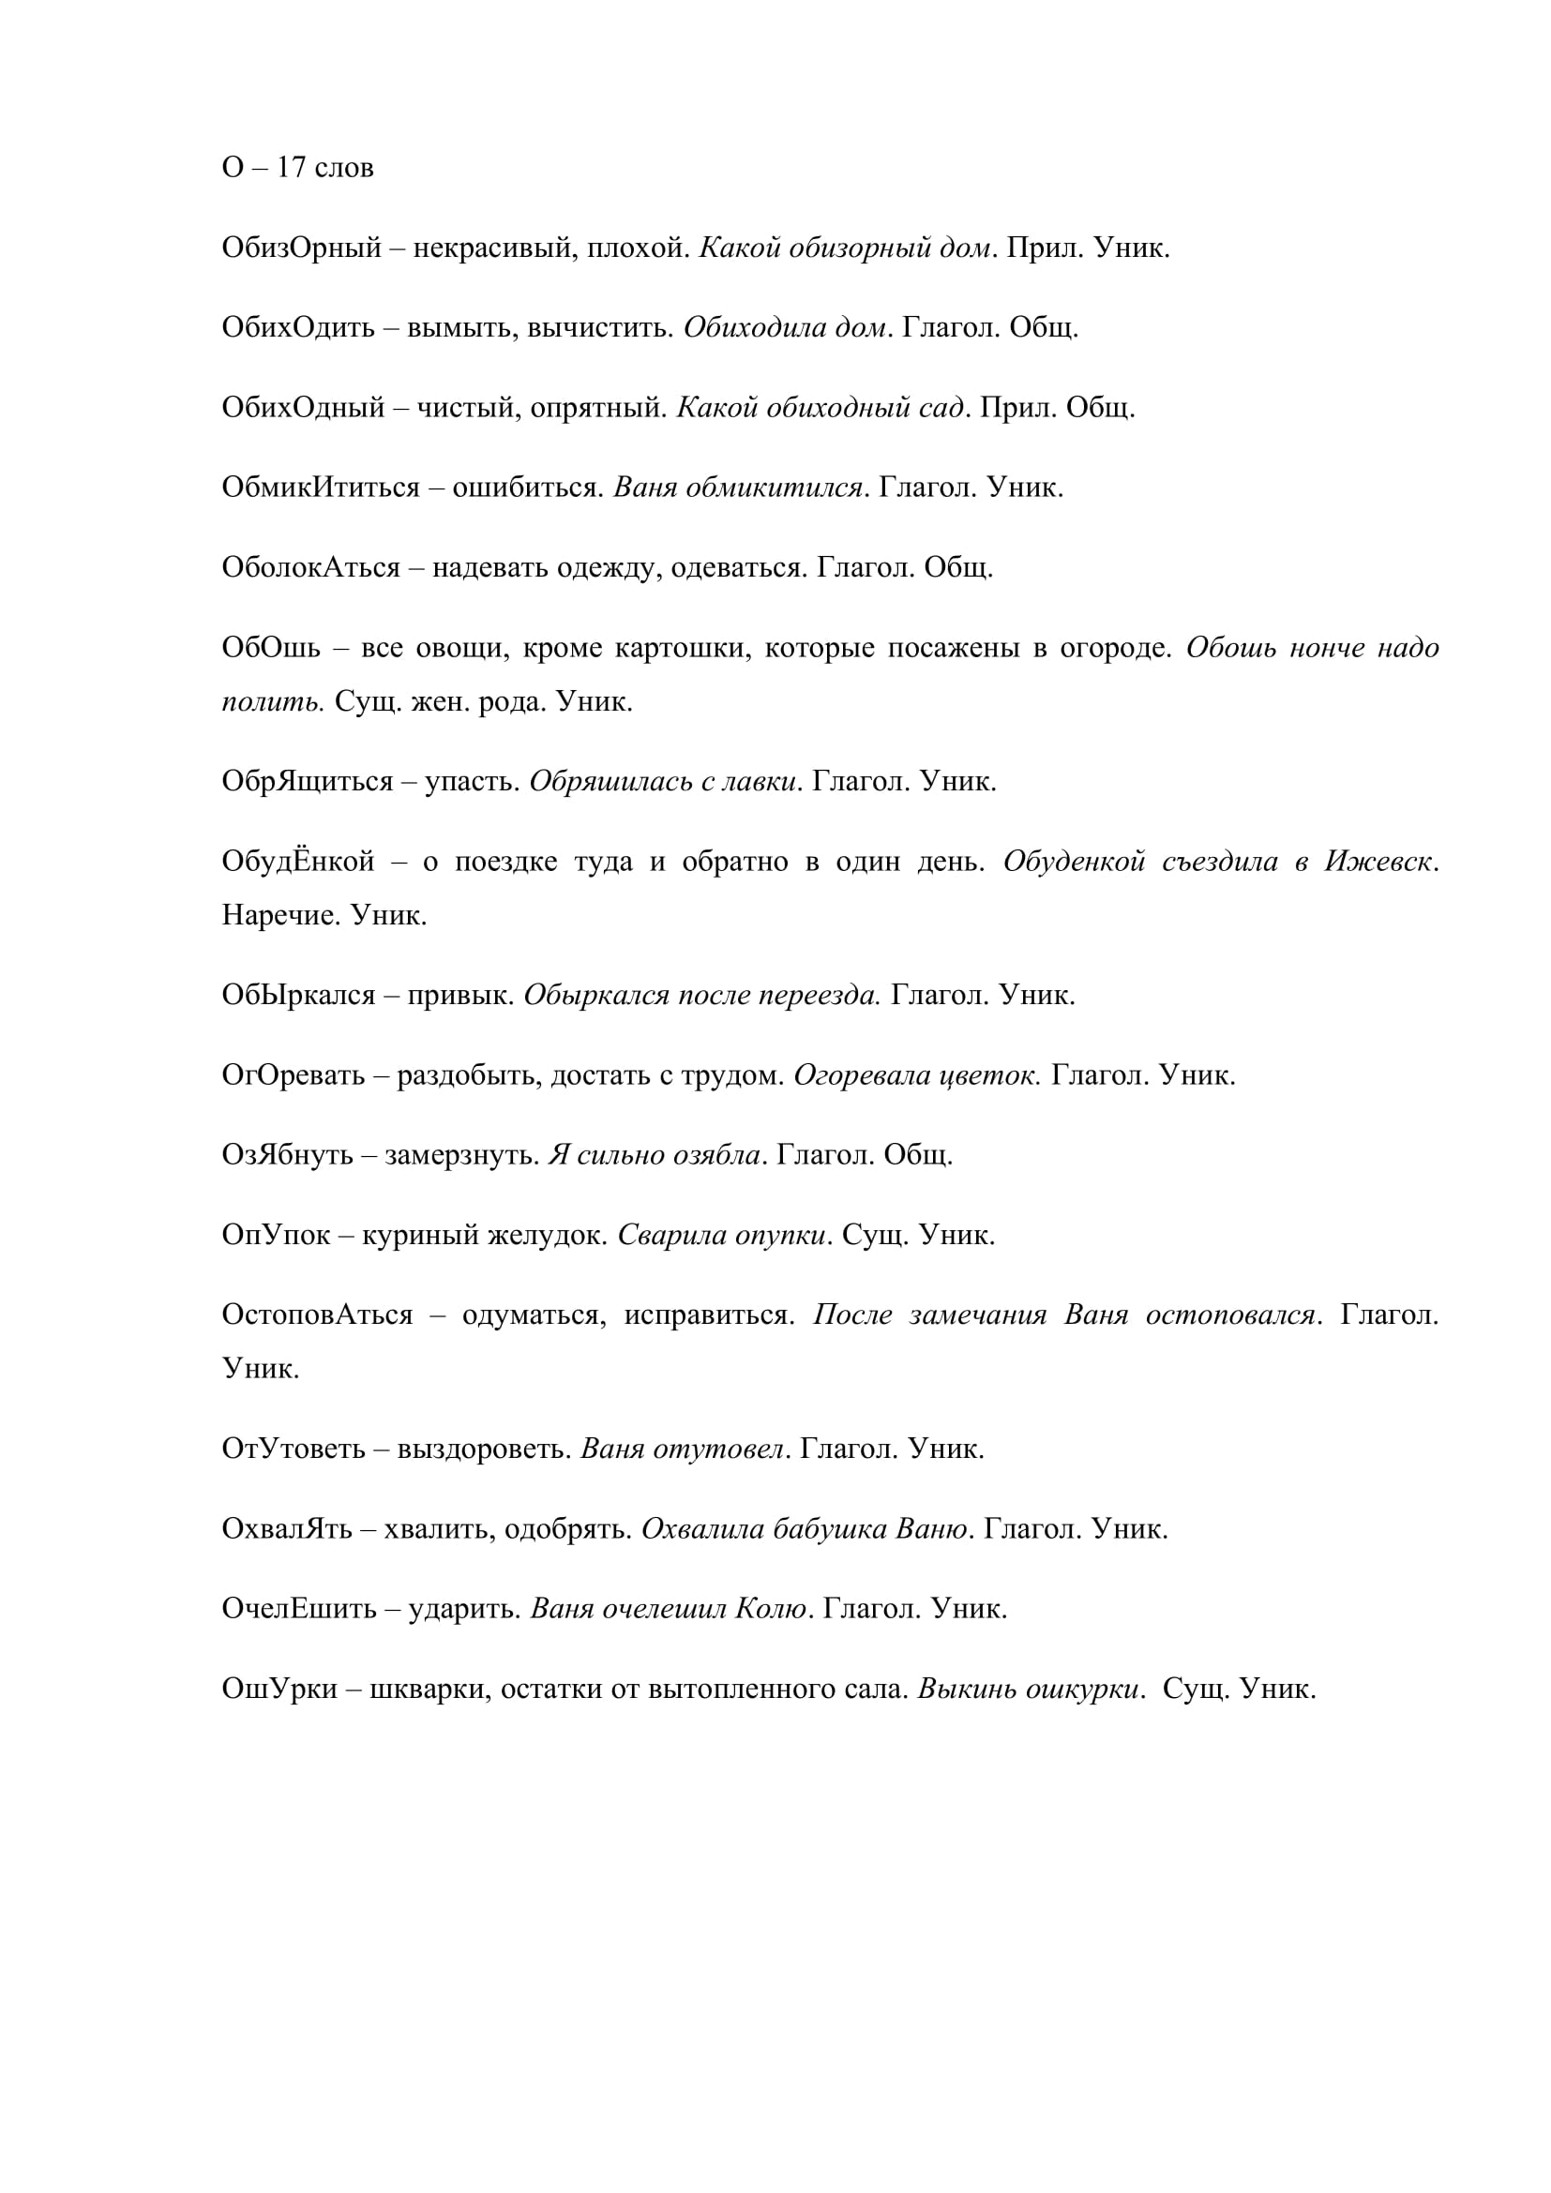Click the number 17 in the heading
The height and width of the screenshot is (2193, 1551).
pos(292,168)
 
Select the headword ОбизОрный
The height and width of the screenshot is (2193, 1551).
pos(301,248)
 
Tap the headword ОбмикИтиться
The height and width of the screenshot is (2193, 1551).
pos(320,488)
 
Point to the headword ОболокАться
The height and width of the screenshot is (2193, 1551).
pos(310,568)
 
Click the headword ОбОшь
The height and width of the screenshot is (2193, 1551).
pos(271,649)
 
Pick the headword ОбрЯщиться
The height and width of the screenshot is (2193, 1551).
pos(307,781)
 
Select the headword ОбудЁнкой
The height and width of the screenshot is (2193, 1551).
pos(298,862)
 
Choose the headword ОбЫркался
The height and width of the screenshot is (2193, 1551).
pos(298,996)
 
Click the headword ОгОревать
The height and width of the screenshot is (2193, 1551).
pos(294,1075)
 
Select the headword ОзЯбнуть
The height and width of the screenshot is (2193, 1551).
pos(288,1156)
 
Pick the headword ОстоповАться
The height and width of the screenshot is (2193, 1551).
pos(317,1315)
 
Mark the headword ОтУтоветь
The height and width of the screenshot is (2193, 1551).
pos(294,1449)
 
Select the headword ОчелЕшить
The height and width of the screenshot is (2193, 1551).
pos(299,1610)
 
